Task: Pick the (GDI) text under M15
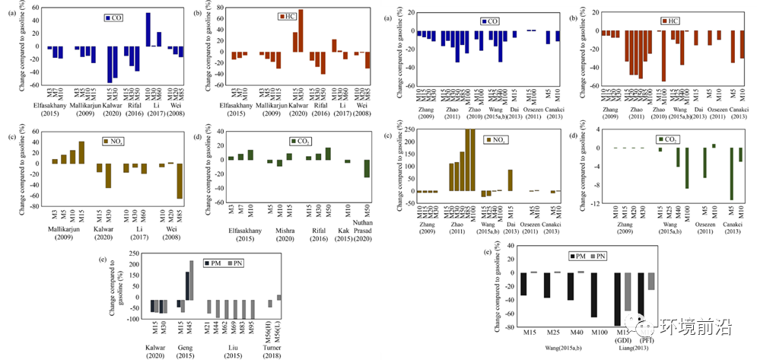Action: tap(628, 340)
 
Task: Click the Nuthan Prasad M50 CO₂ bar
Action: tap(366, 168)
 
